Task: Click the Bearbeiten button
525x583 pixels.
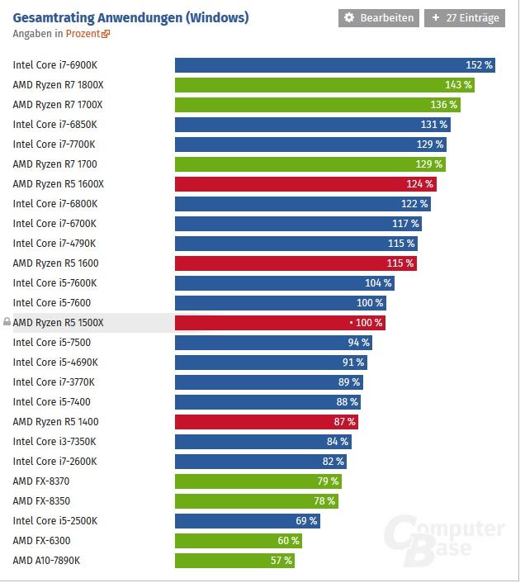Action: tap(379, 18)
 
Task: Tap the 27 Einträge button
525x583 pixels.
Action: tap(465, 18)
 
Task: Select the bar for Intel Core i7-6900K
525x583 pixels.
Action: tap(334, 65)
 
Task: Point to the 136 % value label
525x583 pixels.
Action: tap(443, 105)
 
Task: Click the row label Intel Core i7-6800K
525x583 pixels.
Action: tap(55, 204)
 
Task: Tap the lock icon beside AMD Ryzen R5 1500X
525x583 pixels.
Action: tap(7, 322)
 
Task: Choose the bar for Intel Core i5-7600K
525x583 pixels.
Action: tap(284, 283)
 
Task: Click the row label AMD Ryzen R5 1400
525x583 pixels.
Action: tap(55, 422)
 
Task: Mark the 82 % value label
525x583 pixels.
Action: tap(333, 462)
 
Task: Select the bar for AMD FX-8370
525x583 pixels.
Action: tap(258, 481)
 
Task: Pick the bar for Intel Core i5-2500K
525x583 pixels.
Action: tap(247, 521)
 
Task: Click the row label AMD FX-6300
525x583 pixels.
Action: tap(41, 541)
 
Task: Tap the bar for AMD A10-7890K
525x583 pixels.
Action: tap(234, 561)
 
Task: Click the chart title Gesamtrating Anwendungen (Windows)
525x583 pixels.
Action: tap(130, 17)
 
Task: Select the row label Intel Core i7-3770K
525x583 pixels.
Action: tap(54, 382)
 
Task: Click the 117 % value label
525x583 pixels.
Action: tap(405, 224)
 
